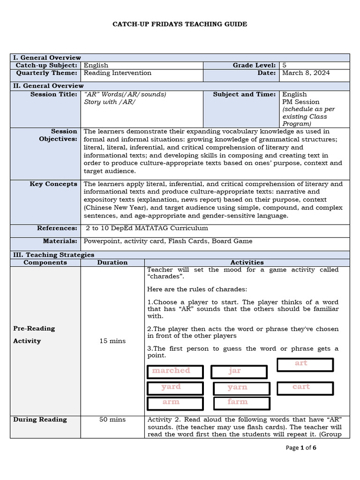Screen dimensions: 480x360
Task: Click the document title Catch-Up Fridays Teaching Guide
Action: tap(180, 24)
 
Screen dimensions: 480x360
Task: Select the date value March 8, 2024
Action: tap(306, 73)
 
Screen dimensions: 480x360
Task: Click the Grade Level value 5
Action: tap(284, 66)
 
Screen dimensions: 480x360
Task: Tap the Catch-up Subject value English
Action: tap(96, 66)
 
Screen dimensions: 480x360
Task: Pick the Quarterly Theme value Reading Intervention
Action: tap(117, 73)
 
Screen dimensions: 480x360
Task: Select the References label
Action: tap(57, 228)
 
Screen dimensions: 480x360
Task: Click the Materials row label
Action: tap(60, 241)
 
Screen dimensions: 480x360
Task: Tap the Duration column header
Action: tap(112, 262)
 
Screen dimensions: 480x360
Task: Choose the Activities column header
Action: tap(247, 262)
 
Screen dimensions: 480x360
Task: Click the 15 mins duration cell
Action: tap(112, 341)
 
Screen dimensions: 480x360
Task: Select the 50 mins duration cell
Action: tap(112, 420)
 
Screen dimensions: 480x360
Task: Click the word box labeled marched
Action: tap(175, 371)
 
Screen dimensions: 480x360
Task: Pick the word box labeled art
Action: tap(305, 364)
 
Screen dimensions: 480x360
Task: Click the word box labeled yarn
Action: tap(241, 388)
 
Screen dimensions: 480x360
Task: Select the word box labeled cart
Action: tap(305, 388)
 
